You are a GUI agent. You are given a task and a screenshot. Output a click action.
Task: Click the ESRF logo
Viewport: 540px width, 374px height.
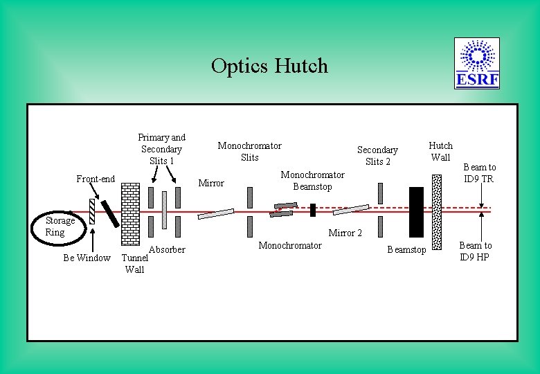tap(477, 64)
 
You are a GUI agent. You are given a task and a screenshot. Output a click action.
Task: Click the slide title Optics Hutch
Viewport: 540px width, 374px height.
tap(269, 66)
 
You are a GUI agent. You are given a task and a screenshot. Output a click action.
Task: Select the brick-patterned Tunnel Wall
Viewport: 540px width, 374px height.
tap(129, 215)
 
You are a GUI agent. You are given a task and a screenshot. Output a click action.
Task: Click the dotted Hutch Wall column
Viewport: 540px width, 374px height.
tap(436, 211)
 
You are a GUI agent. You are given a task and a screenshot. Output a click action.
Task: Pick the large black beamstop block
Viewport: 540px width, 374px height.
tap(415, 211)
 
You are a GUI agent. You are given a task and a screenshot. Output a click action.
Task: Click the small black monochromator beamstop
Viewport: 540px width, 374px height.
tap(313, 209)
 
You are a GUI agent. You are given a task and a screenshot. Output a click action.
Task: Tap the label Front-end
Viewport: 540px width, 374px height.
tap(96, 179)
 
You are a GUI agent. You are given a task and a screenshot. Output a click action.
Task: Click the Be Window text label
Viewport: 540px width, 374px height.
tap(87, 258)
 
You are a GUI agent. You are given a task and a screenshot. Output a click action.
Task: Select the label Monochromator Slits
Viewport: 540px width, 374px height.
tap(249, 151)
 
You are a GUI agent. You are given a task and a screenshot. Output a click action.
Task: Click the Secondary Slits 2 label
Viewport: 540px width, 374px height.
tap(377, 155)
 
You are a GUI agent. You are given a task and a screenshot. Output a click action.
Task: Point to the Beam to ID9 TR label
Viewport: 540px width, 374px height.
tap(479, 172)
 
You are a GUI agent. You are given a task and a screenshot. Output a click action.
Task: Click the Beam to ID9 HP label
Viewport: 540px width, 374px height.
tap(476, 251)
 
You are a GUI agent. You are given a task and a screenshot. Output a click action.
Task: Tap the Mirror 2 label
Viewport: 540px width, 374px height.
tap(345, 233)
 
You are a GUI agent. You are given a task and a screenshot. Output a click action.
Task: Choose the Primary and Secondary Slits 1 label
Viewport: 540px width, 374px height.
tap(161, 149)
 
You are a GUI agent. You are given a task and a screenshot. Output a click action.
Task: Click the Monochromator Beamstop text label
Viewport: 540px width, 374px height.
tap(312, 180)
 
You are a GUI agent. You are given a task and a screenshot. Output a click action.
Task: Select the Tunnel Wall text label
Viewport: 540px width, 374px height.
tap(134, 264)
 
